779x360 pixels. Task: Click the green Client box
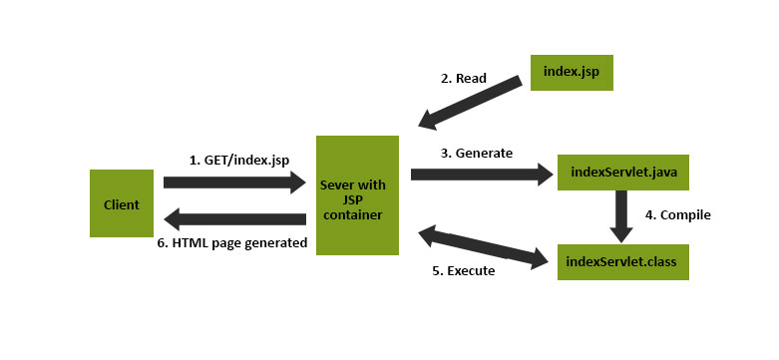[122, 203]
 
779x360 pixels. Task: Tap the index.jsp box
[571, 72]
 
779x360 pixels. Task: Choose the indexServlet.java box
[622, 172]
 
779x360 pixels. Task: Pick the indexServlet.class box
[622, 261]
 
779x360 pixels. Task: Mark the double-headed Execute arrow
[484, 248]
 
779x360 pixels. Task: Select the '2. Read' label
[464, 78]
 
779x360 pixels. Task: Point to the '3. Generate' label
[476, 153]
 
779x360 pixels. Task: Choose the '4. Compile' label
[677, 214]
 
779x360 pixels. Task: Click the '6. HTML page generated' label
[233, 242]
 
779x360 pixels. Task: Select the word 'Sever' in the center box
[339, 186]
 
